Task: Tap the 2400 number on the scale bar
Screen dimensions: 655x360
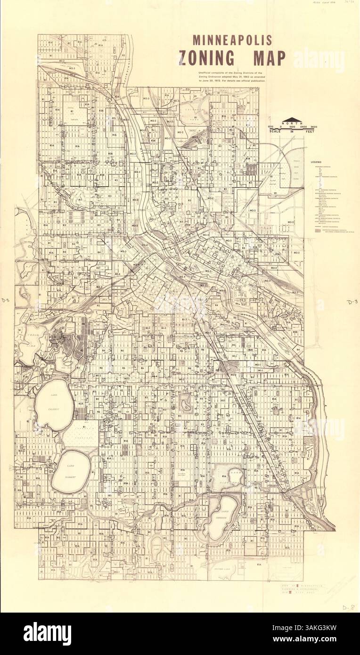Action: [302, 127]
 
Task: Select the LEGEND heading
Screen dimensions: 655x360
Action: [316, 162]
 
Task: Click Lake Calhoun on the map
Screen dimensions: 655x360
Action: [53, 404]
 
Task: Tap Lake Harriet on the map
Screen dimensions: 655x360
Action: [69, 471]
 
